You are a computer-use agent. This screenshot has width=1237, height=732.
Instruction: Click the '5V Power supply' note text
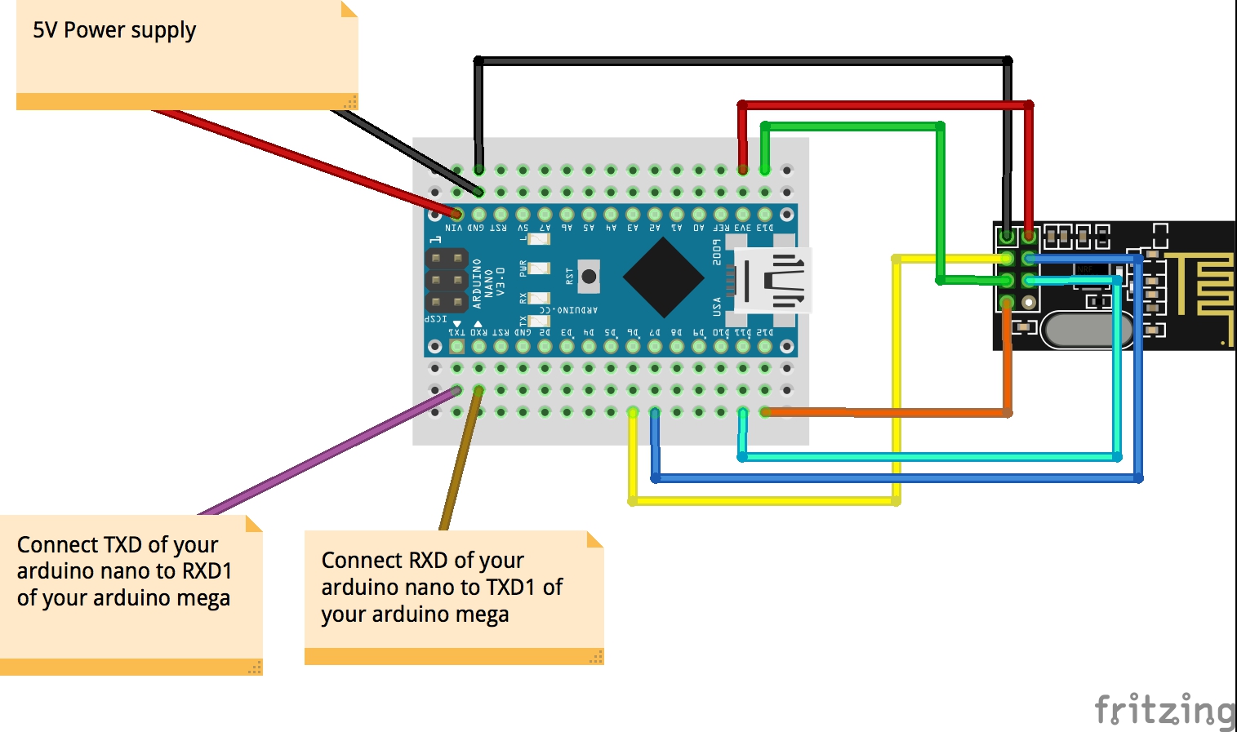[x=114, y=31]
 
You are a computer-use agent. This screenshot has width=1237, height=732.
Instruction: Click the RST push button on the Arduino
[x=589, y=277]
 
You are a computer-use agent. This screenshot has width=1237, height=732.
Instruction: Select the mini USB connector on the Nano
[x=772, y=280]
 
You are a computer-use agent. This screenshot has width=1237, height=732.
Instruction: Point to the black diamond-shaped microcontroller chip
[x=664, y=277]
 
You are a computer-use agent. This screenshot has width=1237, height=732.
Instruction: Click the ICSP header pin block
[x=447, y=281]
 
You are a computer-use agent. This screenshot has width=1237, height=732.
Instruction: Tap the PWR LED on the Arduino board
[x=538, y=268]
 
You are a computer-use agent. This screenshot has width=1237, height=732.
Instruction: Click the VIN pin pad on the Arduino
[x=456, y=215]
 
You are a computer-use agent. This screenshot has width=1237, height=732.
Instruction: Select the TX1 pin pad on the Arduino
[x=456, y=347]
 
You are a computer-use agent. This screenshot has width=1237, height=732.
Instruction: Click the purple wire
[x=327, y=453]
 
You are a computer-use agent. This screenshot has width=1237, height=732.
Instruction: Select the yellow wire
[x=897, y=375]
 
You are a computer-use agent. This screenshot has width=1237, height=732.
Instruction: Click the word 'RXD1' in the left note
[x=207, y=571]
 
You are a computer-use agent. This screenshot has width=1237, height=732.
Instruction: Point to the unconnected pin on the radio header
[x=1029, y=303]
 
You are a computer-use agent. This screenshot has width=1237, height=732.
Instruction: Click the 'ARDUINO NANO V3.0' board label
[x=488, y=282]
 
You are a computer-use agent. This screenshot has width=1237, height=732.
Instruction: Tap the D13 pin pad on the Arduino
[x=765, y=215]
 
